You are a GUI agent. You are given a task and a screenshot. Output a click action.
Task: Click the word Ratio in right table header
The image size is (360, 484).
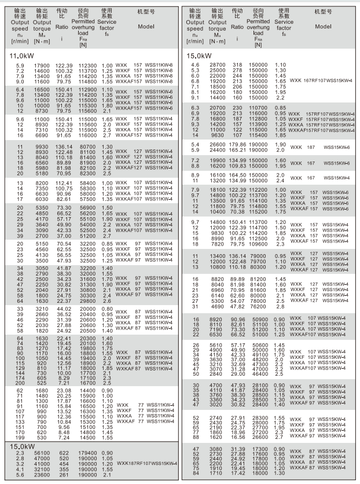tap(237, 27)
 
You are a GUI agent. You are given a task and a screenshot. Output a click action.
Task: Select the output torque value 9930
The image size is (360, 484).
tap(39, 147)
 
